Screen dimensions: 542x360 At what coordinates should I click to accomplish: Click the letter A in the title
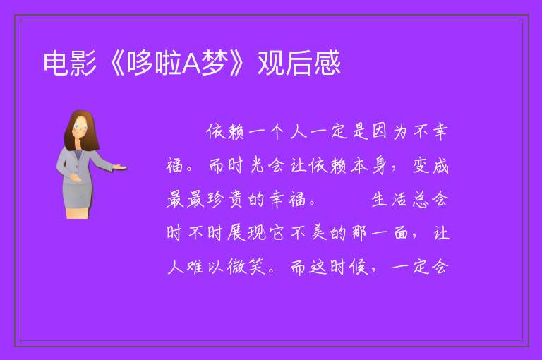tap(191, 63)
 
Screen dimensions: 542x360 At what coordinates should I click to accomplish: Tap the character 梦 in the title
tap(215, 63)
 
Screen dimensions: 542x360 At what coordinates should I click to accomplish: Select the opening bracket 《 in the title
tap(115, 63)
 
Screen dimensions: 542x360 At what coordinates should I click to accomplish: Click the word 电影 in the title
tap(70, 63)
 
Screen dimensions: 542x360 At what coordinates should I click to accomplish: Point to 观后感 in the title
tap(299, 63)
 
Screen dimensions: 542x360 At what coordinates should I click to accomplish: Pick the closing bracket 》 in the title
tap(238, 63)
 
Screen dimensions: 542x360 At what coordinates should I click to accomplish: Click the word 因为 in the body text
tap(390, 132)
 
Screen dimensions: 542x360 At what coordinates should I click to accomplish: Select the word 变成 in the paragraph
tap(430, 166)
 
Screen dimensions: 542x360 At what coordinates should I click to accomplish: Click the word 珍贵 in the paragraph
tap(226, 200)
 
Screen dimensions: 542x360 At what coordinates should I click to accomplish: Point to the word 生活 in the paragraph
tap(390, 200)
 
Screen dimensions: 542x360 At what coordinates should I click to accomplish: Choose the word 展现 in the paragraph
tap(246, 233)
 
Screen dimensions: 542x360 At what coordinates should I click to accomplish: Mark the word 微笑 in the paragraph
tap(246, 267)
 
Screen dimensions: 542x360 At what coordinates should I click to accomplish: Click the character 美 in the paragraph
tap(318, 233)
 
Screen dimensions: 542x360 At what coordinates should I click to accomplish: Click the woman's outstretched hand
tap(120, 168)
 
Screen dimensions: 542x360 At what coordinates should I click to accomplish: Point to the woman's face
tap(80, 127)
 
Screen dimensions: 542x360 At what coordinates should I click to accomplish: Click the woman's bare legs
tap(77, 212)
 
